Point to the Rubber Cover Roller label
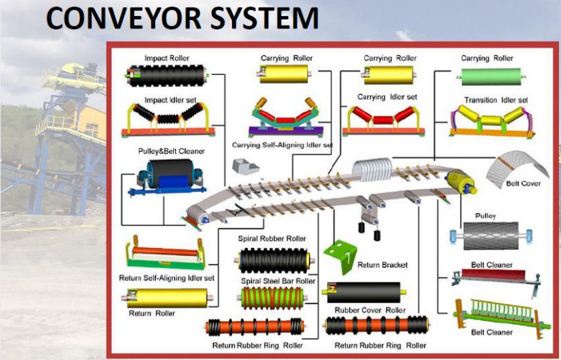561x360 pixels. tap(370, 310)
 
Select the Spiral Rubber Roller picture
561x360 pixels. tap(272, 261)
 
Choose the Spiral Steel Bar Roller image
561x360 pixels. tap(272, 298)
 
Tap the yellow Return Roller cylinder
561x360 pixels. tap(166, 298)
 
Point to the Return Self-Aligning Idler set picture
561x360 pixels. tap(165, 254)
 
